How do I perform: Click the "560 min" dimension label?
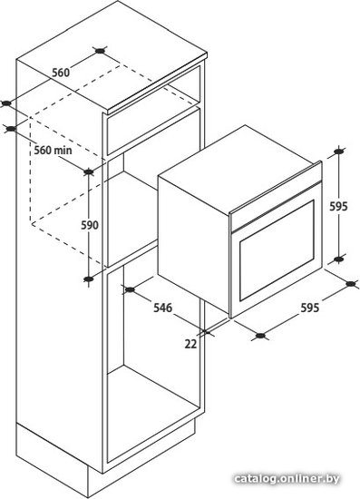pyautogui.click(x=53, y=150)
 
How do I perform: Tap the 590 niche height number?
pyautogui.click(x=90, y=225)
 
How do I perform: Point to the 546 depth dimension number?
pyautogui.click(x=162, y=308)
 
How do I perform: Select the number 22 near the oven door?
pyautogui.click(x=190, y=344)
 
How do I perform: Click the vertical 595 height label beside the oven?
pyautogui.click(x=338, y=207)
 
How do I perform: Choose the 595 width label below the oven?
pyautogui.click(x=309, y=308)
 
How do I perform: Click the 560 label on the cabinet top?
pyautogui.click(x=61, y=73)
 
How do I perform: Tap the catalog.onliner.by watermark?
pyautogui.click(x=287, y=478)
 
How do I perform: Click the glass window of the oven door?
pyautogui.click(x=277, y=250)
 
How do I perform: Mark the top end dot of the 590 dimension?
pyautogui.click(x=88, y=171)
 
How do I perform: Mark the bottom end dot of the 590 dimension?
pyautogui.click(x=88, y=279)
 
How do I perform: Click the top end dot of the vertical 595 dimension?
pyautogui.click(x=339, y=152)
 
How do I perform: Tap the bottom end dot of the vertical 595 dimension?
pyautogui.click(x=339, y=259)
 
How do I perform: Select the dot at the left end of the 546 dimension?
pyautogui.click(x=130, y=289)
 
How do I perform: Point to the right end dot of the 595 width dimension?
pyautogui.click(x=350, y=284)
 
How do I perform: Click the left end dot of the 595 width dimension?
pyautogui.click(x=260, y=335)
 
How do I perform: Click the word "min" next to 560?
pyautogui.click(x=63, y=150)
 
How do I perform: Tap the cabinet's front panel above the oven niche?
pyautogui.click(x=153, y=132)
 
